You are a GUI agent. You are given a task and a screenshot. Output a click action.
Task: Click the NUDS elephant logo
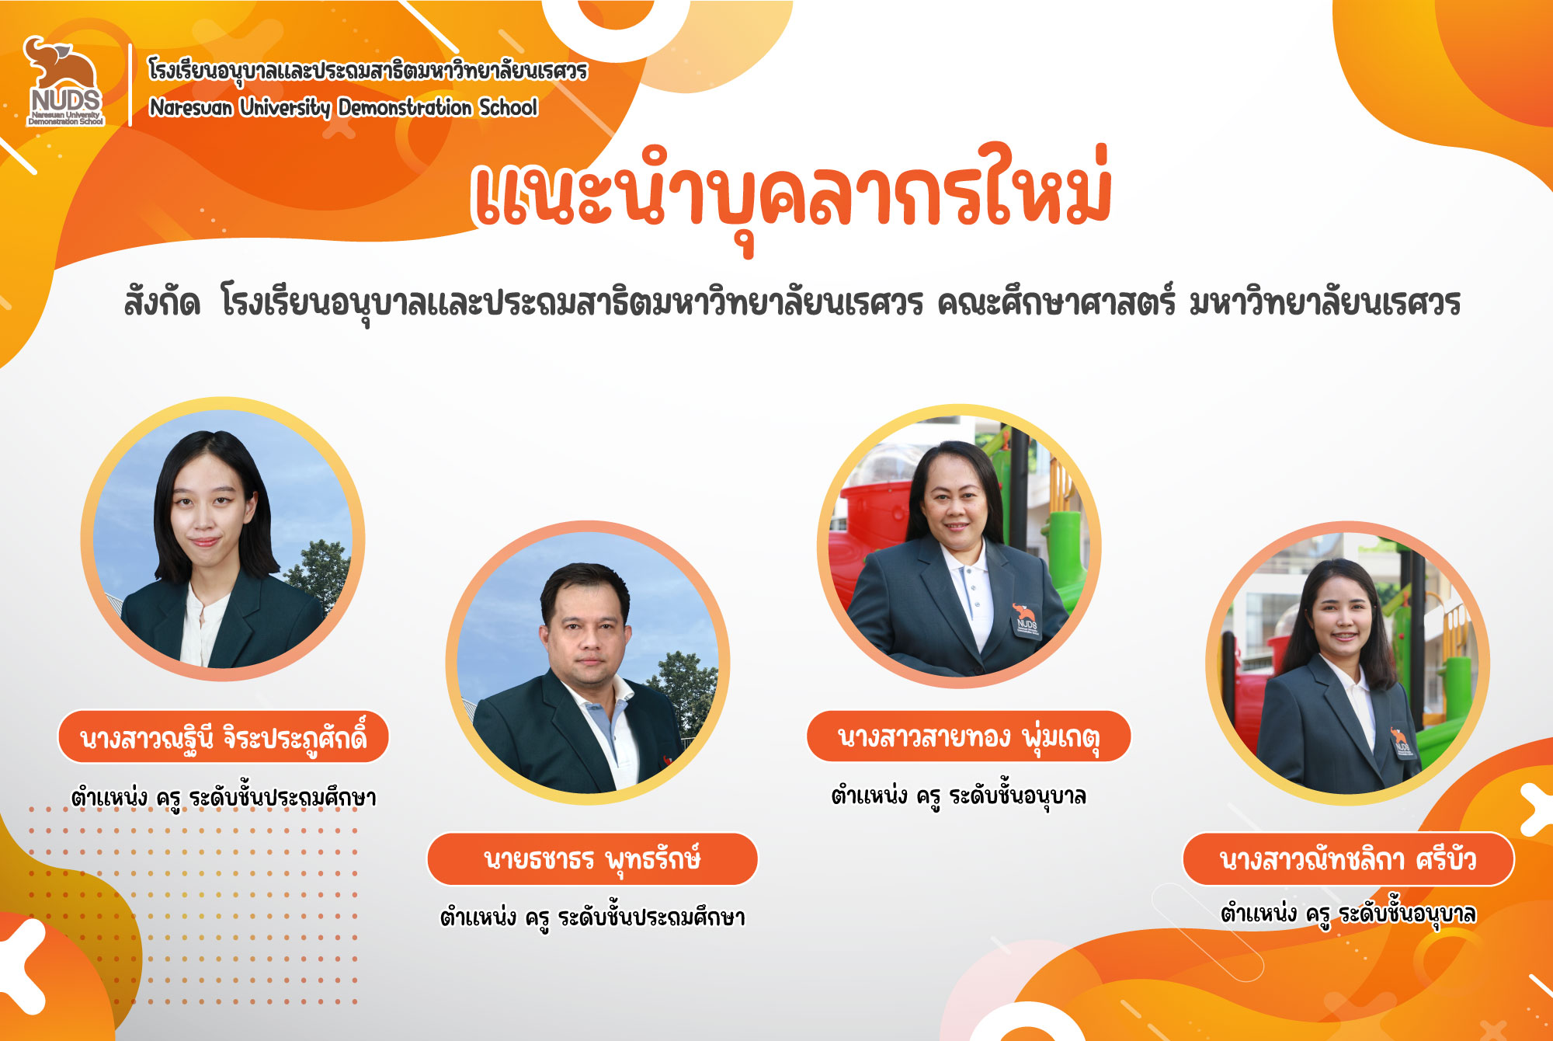64,81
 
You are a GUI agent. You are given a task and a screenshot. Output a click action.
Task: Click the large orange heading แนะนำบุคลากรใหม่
792,196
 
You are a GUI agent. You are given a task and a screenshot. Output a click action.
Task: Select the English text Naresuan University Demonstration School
343,107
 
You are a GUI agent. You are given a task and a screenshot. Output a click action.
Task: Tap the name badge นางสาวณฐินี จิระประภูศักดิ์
223,736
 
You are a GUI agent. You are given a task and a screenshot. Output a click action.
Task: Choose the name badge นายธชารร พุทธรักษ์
592,859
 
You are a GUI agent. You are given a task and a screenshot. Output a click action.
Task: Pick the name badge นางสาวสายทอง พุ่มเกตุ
968,736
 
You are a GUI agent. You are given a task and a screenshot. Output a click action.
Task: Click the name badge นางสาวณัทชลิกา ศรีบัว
1348,859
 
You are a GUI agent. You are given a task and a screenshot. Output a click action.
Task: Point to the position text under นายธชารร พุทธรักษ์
592,917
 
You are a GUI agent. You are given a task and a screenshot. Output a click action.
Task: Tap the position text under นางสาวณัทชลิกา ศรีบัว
1348,914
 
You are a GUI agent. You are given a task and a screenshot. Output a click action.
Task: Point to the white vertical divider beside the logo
130,85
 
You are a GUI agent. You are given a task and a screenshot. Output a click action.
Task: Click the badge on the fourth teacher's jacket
1402,742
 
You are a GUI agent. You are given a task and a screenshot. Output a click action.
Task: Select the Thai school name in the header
368,71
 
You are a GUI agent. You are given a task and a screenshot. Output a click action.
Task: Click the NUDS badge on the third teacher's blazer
1026,618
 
